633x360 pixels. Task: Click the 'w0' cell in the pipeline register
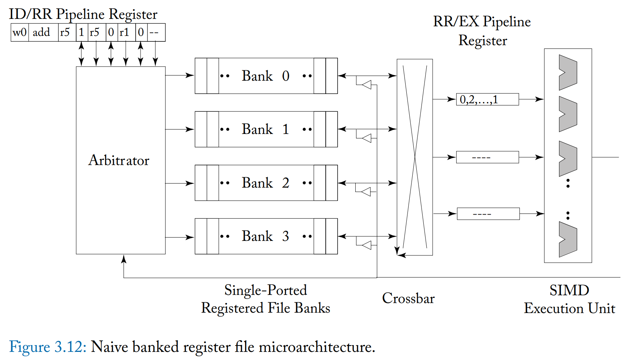(x=20, y=33)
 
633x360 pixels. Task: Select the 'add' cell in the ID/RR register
(x=41, y=33)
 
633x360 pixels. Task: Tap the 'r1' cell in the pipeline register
(x=124, y=33)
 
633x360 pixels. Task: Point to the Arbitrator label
(x=119, y=160)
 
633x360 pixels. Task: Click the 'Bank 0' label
(x=265, y=76)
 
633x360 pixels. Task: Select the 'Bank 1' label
(x=265, y=129)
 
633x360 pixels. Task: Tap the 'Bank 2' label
(x=265, y=183)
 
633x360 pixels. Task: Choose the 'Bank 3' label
(x=265, y=236)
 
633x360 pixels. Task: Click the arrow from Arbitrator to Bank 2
(x=180, y=183)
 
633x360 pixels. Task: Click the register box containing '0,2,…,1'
(x=487, y=99)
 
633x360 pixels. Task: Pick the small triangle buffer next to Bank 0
(x=367, y=85)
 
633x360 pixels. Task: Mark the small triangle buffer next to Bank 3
(x=367, y=245)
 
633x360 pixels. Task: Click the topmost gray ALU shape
(x=568, y=73)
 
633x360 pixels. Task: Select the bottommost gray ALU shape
(x=568, y=239)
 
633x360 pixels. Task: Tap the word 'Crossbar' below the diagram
(x=408, y=298)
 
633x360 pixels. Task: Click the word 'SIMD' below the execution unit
(x=569, y=290)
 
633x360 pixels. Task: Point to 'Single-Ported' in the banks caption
(x=265, y=290)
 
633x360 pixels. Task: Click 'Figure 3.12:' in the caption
(x=48, y=347)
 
